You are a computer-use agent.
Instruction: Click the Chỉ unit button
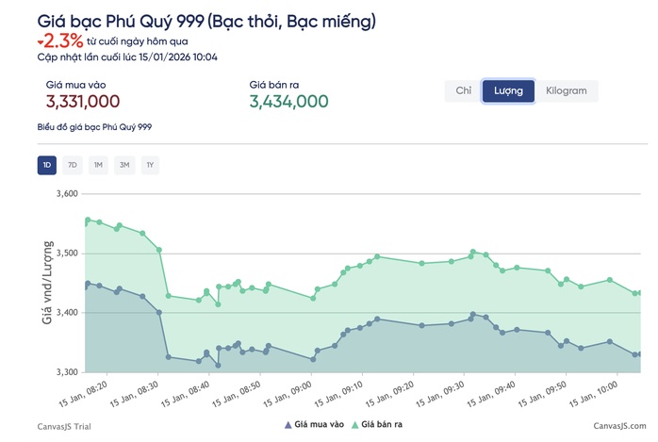[463, 91]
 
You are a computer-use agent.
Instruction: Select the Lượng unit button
[508, 91]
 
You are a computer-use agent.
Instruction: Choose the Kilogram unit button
[567, 91]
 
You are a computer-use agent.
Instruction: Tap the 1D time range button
[47, 166]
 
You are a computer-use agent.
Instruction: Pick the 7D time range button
[73, 166]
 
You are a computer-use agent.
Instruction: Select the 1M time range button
[98, 166]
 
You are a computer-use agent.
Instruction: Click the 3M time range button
[123, 166]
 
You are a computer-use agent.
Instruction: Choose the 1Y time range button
[149, 166]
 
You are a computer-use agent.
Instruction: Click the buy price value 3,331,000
[82, 102]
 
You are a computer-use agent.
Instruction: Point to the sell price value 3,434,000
[288, 102]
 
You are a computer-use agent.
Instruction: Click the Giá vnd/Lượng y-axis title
[46, 283]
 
